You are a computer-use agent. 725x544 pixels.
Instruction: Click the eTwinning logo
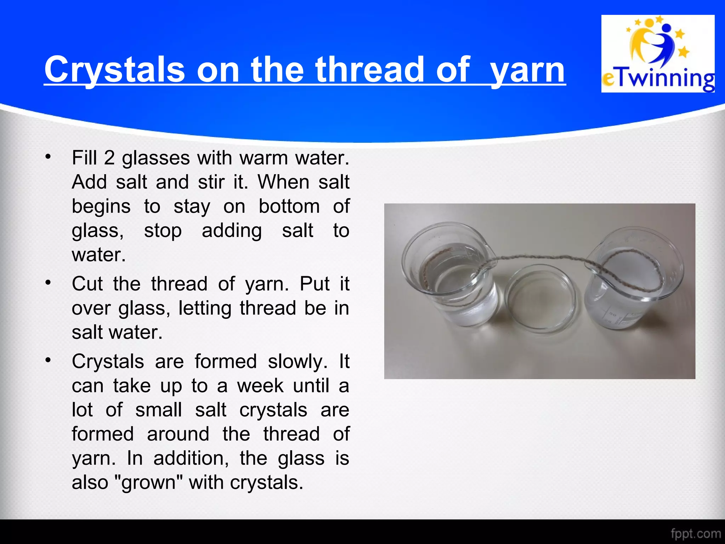click(658, 54)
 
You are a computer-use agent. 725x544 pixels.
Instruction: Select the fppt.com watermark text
click(696, 533)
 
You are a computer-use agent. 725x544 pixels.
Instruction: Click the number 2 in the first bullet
click(109, 158)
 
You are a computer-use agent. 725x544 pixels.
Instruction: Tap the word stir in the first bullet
click(211, 182)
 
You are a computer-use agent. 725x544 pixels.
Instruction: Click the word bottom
click(289, 206)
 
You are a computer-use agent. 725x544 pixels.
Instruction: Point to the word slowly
click(297, 362)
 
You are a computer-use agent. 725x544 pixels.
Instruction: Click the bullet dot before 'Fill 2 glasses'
click(48, 156)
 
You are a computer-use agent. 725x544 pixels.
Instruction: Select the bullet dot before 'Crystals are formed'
click(48, 360)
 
